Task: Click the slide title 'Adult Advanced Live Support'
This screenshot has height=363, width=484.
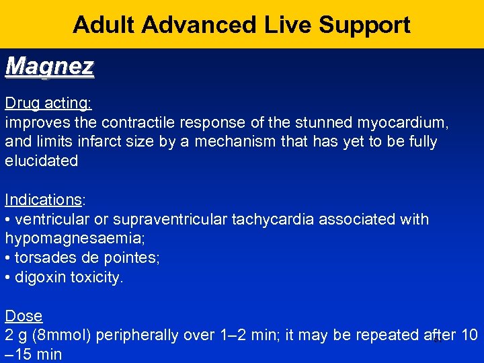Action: pos(241,25)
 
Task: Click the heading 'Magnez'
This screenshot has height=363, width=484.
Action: pos(49,67)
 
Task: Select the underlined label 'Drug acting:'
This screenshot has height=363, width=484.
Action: pos(48,104)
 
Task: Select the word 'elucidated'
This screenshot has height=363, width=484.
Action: pos(42,161)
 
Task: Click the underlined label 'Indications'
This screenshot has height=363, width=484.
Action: pos(43,200)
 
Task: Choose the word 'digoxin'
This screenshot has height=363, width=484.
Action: pos(40,278)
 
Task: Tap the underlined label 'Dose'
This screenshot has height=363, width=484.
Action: pos(24,316)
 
